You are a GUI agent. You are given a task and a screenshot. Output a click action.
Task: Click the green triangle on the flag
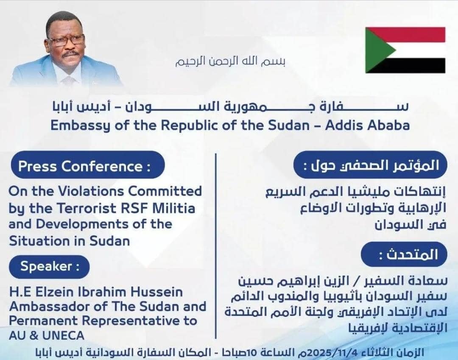tap(378, 50)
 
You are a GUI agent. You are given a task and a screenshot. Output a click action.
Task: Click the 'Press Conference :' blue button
tap(88, 165)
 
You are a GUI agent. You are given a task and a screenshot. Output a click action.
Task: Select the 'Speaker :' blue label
tap(49, 267)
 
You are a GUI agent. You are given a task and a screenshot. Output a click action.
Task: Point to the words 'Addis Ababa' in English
tap(367, 125)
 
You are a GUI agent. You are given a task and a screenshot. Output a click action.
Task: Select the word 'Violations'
tap(91, 191)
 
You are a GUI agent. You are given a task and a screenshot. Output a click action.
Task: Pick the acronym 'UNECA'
tap(63, 335)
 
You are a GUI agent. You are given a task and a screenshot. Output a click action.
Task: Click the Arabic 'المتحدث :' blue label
tap(404, 254)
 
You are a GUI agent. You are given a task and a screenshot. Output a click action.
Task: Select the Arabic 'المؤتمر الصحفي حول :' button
tap(370, 165)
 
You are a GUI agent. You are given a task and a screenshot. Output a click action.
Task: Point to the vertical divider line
tap(216, 245)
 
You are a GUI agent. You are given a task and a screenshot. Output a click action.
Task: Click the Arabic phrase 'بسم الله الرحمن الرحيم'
tap(230, 61)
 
